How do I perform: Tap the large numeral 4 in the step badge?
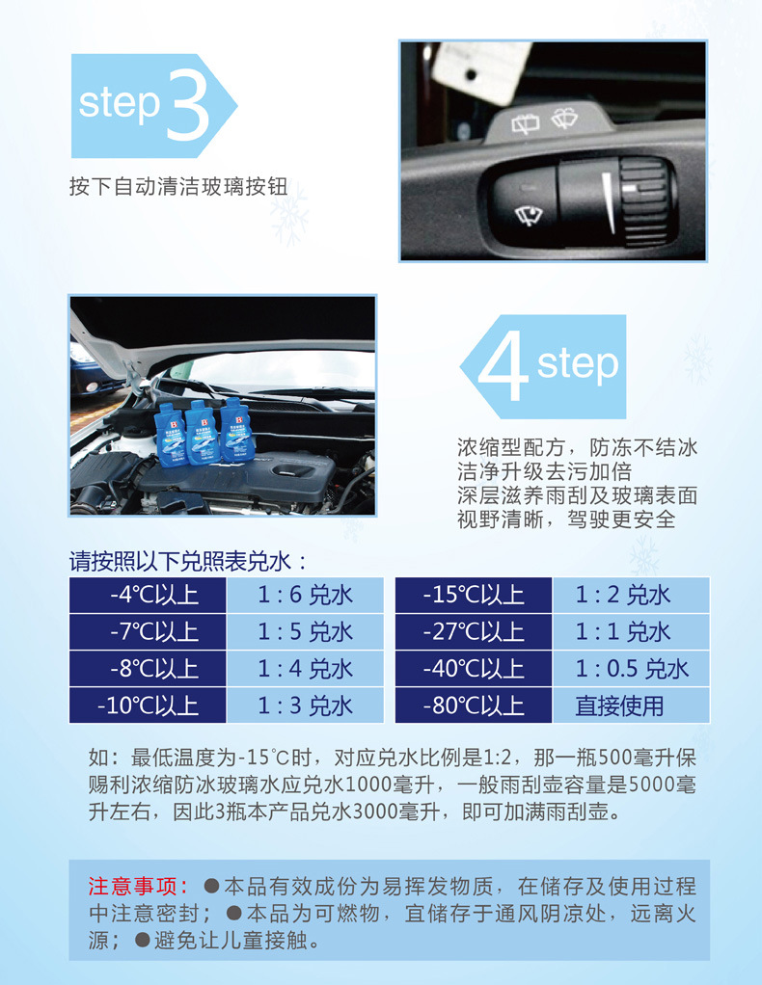coord(503,365)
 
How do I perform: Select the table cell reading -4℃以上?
coord(148,595)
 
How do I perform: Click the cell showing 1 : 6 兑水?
coord(305,595)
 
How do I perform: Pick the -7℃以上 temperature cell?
coord(148,632)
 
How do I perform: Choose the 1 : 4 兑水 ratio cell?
coord(305,669)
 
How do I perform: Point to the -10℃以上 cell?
coord(148,705)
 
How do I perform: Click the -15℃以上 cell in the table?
coord(474,595)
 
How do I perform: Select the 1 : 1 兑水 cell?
coord(631,632)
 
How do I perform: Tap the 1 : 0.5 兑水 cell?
coord(631,669)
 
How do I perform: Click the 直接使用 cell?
coord(631,705)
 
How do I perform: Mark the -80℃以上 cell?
coord(474,705)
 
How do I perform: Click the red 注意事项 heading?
coord(138,887)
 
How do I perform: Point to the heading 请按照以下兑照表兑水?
coord(187,561)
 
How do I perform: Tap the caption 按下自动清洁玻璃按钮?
coord(178,187)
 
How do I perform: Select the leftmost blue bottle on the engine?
coord(169,436)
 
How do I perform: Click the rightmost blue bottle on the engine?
coord(234,429)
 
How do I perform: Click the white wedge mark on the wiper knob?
coord(608,202)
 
